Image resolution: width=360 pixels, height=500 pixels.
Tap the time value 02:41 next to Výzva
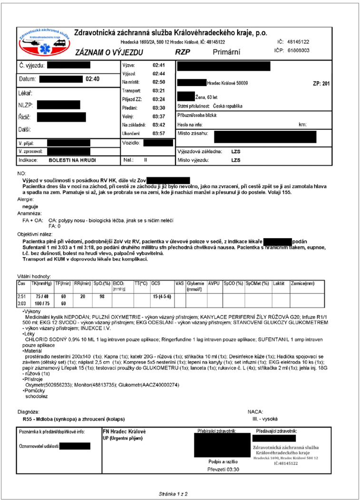point(158,65)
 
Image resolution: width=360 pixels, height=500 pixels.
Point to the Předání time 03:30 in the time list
point(158,108)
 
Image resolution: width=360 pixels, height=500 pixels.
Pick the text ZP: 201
point(322,84)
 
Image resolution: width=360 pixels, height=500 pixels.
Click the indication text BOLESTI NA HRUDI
point(74,161)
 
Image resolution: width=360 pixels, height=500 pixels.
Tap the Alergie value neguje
point(31,207)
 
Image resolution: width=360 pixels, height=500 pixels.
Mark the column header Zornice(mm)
point(303,283)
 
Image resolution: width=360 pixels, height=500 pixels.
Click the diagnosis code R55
point(28,419)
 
